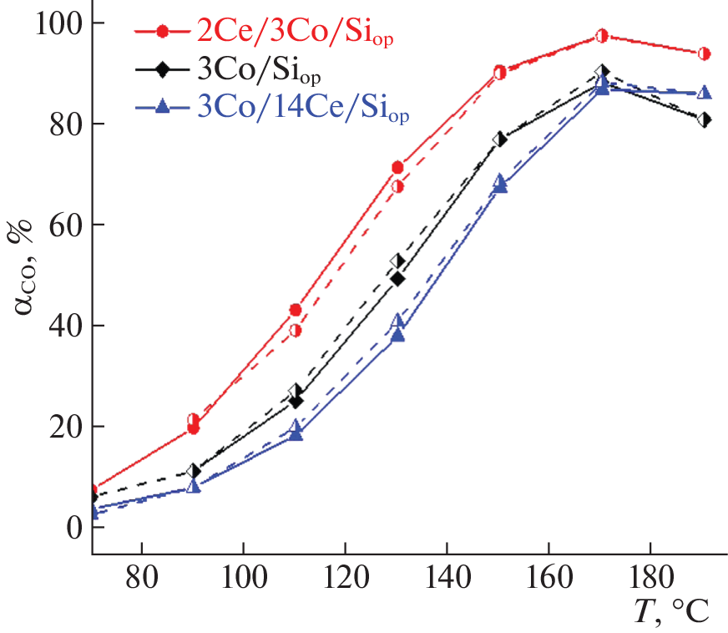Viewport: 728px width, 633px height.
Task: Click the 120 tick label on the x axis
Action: (345, 575)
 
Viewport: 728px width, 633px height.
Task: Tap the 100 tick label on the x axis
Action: (243, 575)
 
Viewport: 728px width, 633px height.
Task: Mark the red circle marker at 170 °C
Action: (602, 36)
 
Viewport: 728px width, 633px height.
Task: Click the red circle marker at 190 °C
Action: (704, 53)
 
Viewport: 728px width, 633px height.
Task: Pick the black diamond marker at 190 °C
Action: (704, 120)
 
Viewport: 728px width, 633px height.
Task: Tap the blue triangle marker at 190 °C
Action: (704, 93)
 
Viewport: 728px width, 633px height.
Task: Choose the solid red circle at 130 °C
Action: (397, 168)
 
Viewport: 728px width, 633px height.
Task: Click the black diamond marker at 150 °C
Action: (499, 139)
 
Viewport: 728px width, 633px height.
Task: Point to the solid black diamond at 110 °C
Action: (296, 402)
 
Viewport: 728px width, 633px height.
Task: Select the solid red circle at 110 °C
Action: (296, 310)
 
